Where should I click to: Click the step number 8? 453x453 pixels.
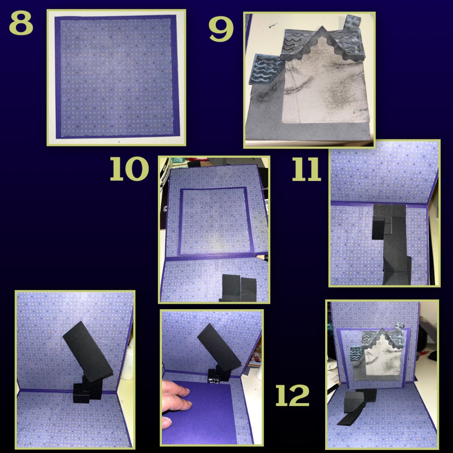[21, 23]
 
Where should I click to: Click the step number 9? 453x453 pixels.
[221, 29]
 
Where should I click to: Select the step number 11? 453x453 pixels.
[307, 169]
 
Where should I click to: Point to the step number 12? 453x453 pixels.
[292, 395]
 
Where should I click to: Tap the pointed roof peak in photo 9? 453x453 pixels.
[322, 29]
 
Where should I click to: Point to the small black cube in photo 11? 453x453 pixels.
[379, 228]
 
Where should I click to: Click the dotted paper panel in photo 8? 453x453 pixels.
[117, 77]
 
